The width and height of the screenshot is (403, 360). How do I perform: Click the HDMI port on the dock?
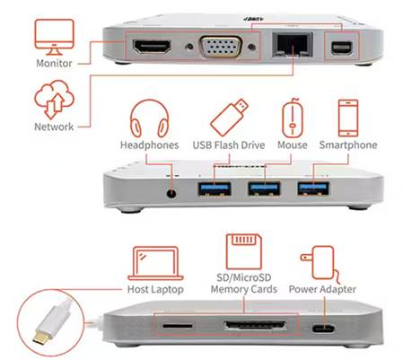pos(152,47)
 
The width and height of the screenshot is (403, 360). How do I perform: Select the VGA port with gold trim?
pos(221,47)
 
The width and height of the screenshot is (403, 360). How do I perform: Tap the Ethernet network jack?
pos(293,45)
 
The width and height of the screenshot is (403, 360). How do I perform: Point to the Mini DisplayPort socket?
pos(342,48)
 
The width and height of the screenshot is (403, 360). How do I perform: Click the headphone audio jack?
pos(171,193)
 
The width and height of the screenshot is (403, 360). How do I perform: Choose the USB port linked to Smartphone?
pos(313,189)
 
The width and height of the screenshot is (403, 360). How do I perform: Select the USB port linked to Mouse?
pos(264,189)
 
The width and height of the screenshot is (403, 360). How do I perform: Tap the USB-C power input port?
pos(323,329)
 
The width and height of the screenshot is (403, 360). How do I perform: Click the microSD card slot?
pos(177,325)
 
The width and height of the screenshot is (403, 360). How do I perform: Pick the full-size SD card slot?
pos(255,325)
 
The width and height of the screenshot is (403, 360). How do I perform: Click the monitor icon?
pos(54,37)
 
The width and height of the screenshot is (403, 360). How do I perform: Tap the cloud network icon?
pos(54,99)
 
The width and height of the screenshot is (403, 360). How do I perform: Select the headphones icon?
pos(149,119)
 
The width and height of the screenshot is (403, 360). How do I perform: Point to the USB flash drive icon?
pos(229,118)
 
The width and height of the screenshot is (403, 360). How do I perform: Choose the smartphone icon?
pos(348,118)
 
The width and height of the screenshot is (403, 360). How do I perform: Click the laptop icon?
pos(155,263)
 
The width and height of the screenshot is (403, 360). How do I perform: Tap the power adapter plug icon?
pos(320,264)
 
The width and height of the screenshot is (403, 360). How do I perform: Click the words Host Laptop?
pos(155,289)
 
